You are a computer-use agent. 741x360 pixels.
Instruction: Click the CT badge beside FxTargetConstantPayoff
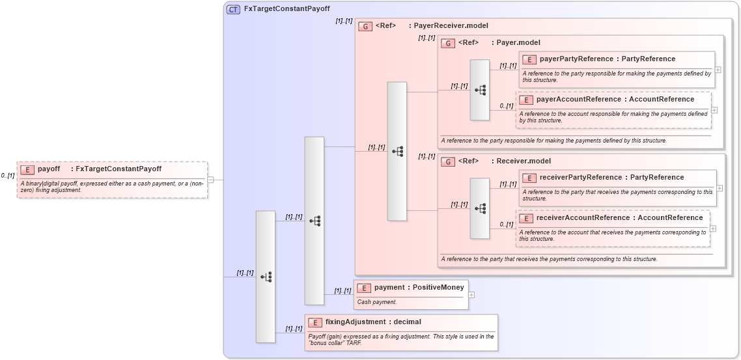tap(233, 9)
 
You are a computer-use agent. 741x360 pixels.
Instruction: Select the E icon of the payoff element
tap(27, 169)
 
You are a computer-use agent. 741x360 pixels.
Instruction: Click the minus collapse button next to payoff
tap(210, 180)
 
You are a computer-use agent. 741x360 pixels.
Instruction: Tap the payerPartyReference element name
tap(576, 59)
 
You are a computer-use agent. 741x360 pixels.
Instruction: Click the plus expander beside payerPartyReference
tap(718, 69)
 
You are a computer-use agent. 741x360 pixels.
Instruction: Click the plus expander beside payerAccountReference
tap(714, 110)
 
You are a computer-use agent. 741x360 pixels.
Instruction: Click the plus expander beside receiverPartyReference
tap(720, 188)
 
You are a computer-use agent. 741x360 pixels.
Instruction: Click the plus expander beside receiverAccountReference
tap(713, 228)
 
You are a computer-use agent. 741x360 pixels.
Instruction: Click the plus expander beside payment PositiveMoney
tap(471, 295)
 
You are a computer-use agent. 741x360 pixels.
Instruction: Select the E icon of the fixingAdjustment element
tap(315, 322)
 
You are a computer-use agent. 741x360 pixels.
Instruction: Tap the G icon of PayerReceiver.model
tap(365, 27)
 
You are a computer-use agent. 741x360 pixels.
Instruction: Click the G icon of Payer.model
tap(448, 43)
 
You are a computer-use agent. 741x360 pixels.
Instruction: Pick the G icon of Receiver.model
tap(448, 161)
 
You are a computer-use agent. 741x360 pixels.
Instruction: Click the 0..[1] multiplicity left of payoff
tap(8, 176)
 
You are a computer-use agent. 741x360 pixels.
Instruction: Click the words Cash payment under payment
tap(377, 302)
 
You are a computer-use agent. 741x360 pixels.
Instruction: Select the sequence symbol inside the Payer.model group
tap(480, 90)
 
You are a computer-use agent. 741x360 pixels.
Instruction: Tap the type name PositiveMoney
tap(438, 288)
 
